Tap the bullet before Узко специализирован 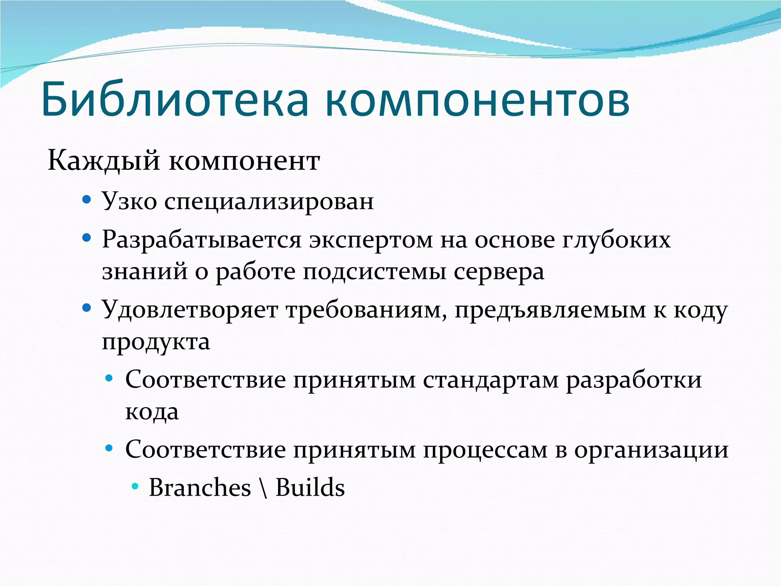87,199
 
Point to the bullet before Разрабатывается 87,238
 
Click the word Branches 200,488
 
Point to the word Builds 310,488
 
